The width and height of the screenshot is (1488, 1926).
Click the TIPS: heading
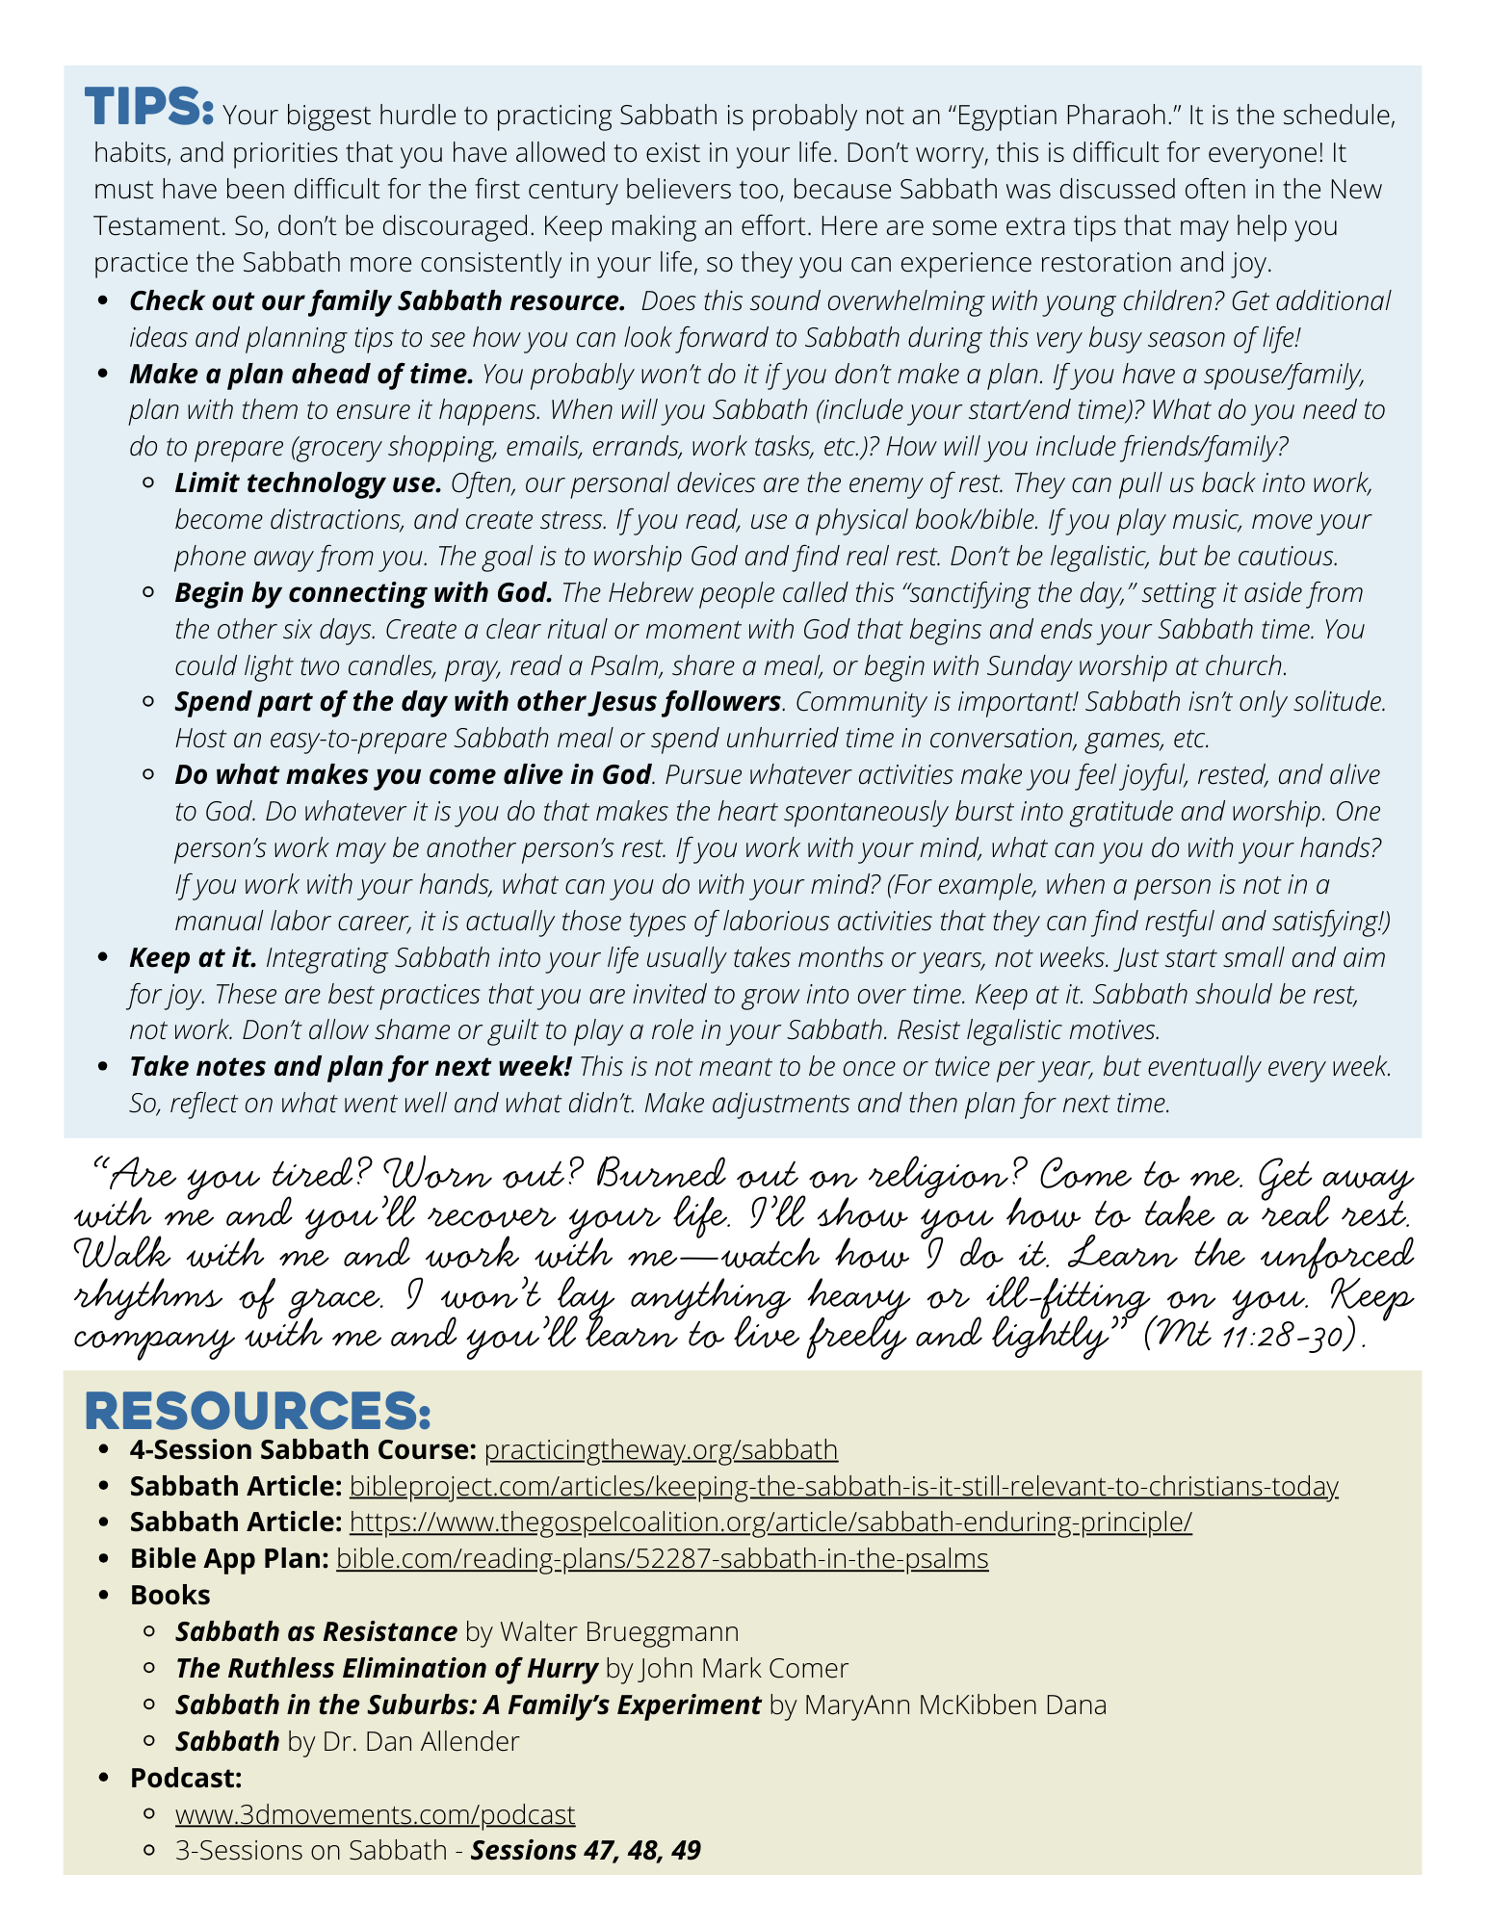point(148,106)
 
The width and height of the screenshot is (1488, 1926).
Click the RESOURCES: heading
point(257,1411)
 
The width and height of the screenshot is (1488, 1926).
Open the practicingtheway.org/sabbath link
point(661,1449)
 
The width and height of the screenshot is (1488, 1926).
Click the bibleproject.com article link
point(844,1486)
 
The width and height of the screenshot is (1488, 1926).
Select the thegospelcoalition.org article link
point(770,1522)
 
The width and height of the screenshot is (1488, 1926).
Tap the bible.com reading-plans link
point(662,1558)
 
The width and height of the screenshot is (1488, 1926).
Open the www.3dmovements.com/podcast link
point(375,1814)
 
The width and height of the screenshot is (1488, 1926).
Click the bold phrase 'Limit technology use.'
point(308,482)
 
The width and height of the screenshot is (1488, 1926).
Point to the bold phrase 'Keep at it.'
point(194,957)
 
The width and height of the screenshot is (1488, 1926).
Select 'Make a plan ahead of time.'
point(301,374)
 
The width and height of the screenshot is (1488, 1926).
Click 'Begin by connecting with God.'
point(364,592)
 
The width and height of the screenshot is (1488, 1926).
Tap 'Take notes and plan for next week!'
point(351,1066)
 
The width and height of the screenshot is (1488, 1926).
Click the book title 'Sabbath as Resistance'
point(316,1631)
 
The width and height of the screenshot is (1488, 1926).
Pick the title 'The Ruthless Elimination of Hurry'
point(386,1668)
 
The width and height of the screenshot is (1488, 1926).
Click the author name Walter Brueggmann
point(619,1631)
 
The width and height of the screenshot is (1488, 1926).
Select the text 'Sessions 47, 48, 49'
point(586,1850)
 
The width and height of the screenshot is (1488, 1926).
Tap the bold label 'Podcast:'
point(186,1778)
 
